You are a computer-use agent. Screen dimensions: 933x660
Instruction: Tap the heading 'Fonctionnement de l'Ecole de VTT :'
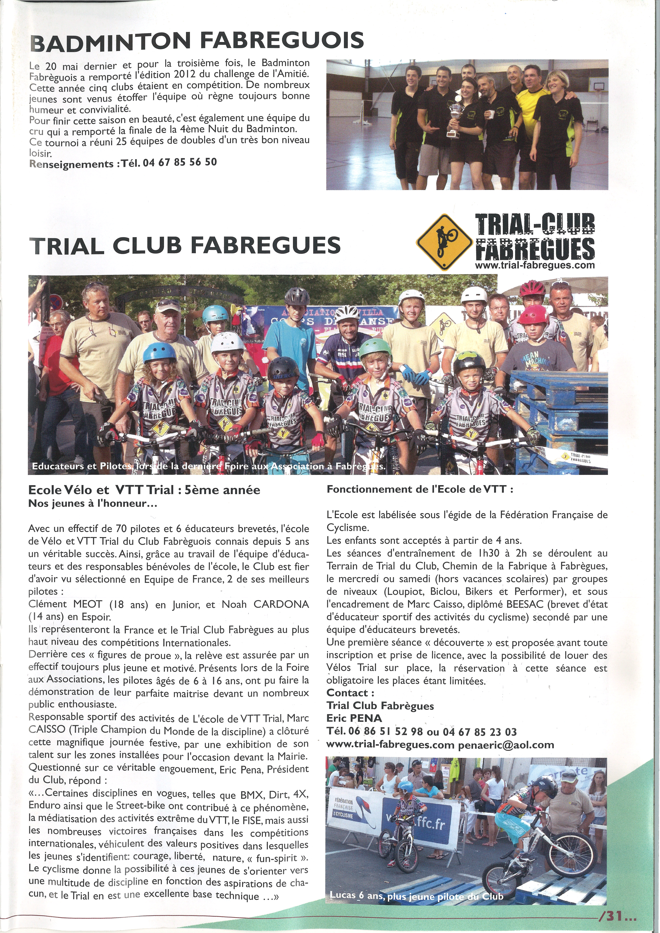[x=420, y=489]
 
